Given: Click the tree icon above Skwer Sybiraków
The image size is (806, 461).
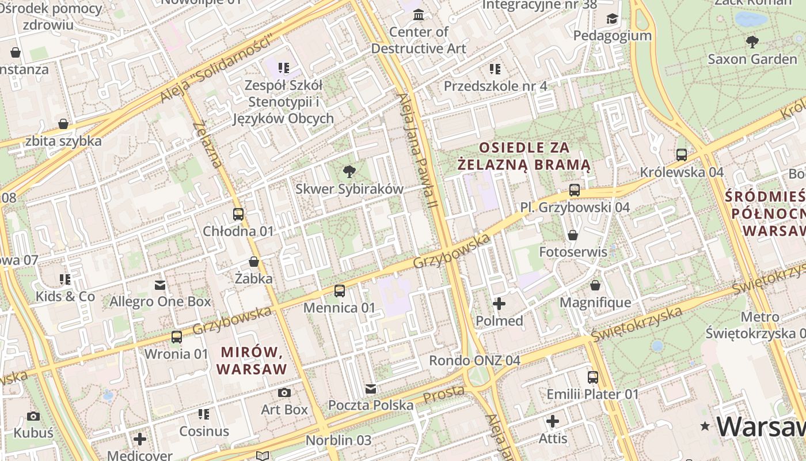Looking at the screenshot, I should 348,171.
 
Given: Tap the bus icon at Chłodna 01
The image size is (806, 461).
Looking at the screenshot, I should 238,214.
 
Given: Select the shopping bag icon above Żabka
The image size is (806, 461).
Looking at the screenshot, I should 254,262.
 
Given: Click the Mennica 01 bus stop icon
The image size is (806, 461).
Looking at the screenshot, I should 340,291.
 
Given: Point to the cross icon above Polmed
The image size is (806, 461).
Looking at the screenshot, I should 499,304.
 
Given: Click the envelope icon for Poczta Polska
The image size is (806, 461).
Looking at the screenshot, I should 371,389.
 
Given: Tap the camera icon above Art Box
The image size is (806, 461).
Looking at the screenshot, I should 284,393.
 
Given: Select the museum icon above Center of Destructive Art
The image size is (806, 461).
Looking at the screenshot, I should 419,14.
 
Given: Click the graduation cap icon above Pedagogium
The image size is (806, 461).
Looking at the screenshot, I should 612,19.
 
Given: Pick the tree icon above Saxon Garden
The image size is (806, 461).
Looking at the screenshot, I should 752,41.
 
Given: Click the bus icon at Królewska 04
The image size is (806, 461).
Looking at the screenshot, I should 682,155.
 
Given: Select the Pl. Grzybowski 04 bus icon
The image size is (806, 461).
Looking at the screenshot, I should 574,190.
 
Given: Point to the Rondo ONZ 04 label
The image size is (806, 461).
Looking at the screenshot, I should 474,361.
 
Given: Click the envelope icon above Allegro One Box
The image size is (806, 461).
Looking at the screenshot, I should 160,285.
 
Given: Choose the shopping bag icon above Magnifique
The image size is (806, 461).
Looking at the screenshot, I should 595,286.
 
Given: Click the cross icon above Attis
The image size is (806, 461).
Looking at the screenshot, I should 553,421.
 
